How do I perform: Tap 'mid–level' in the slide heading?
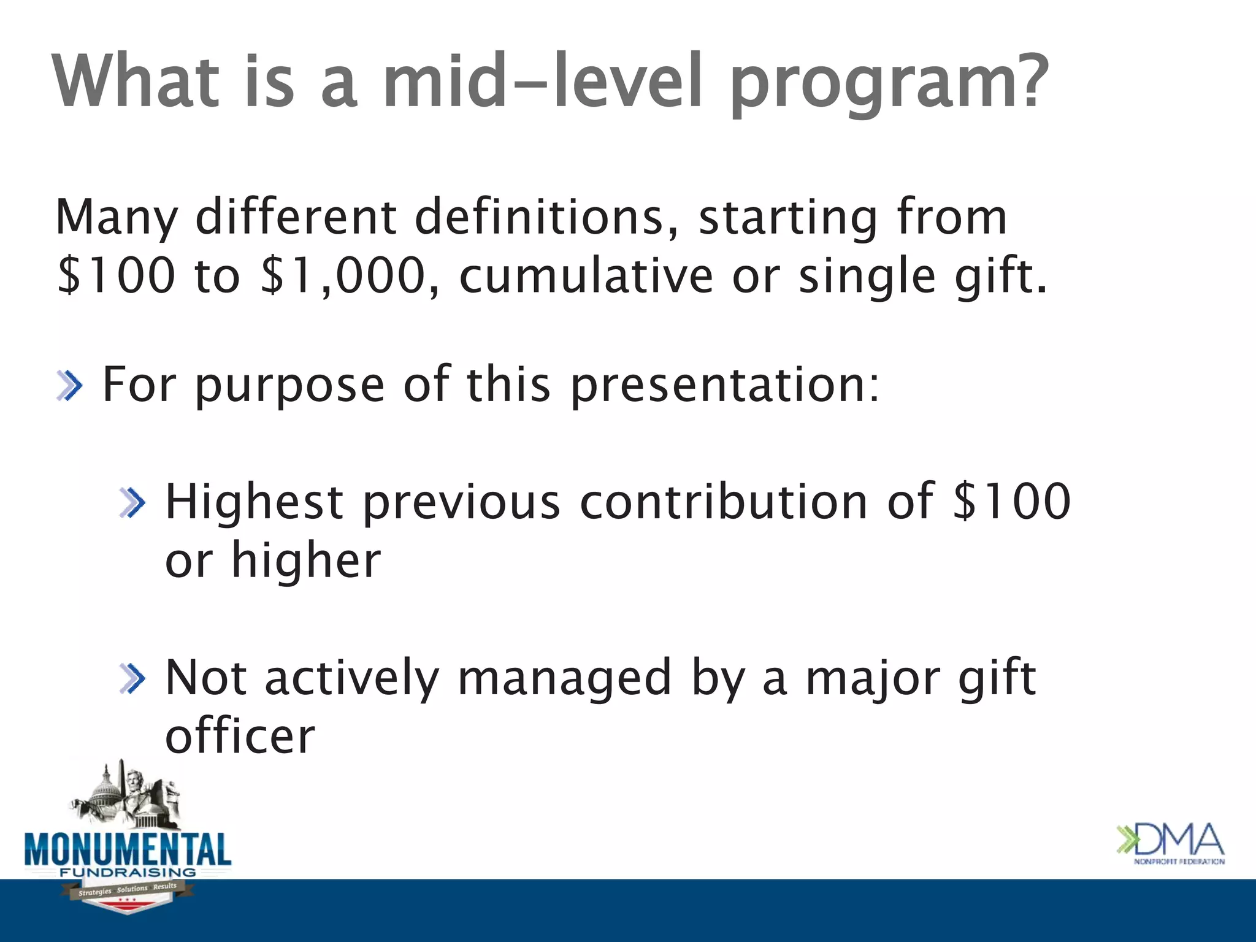[x=543, y=81]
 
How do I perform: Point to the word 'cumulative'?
[x=586, y=275]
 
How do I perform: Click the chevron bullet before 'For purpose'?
[x=69, y=386]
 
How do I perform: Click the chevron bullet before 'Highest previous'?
[x=133, y=503]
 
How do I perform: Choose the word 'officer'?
[x=240, y=736]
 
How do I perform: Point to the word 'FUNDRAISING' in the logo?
[x=128, y=872]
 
